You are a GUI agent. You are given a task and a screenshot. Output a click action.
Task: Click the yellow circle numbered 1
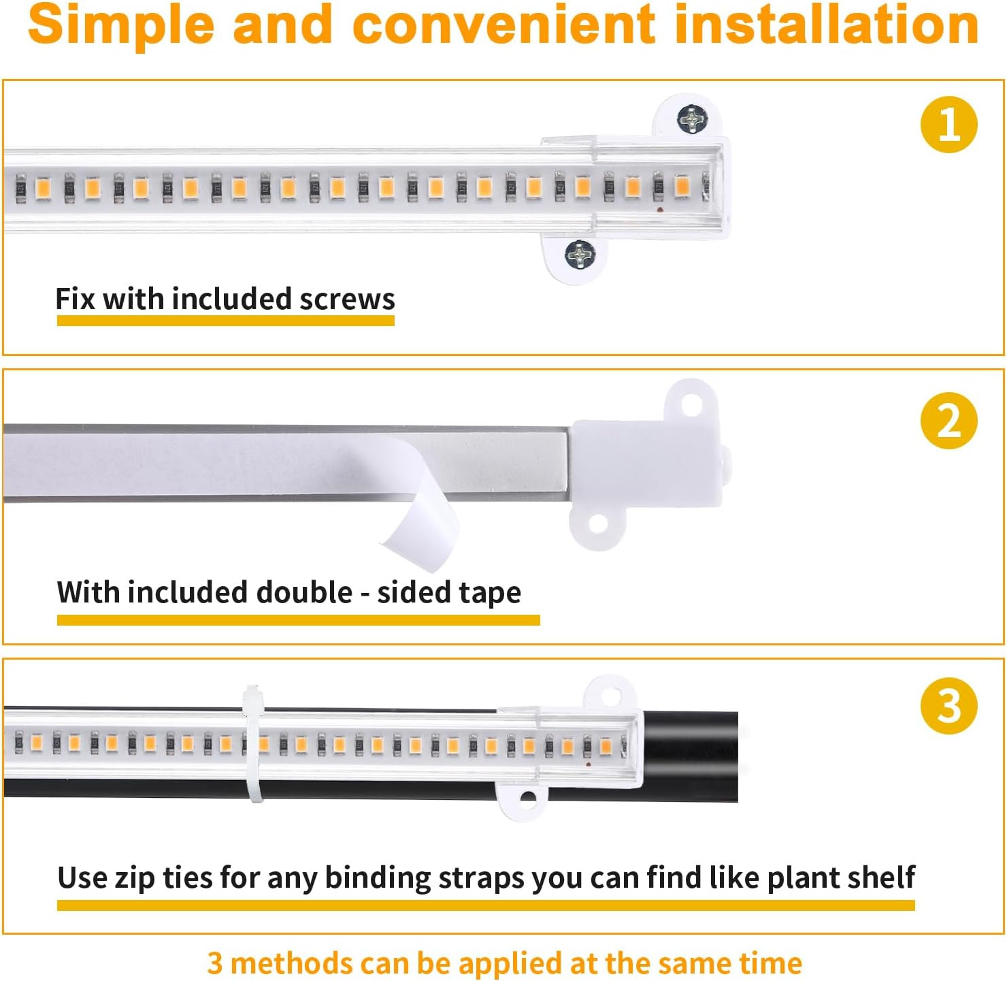[x=948, y=125]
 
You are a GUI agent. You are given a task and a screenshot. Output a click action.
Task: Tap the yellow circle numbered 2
[x=948, y=421]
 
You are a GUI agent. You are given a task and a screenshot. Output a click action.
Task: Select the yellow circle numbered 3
[x=948, y=705]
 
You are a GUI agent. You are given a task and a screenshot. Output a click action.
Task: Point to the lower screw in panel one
[x=580, y=255]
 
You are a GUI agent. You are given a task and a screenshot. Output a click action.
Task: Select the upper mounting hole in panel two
[x=691, y=406]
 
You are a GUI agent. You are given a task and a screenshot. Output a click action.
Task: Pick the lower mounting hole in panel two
[x=597, y=524]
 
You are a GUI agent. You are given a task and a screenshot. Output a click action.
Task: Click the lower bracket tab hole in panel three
[x=527, y=797]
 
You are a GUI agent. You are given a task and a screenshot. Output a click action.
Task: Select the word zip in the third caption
[x=135, y=878]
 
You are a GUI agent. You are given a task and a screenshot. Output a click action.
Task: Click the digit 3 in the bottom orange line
[x=215, y=963]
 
